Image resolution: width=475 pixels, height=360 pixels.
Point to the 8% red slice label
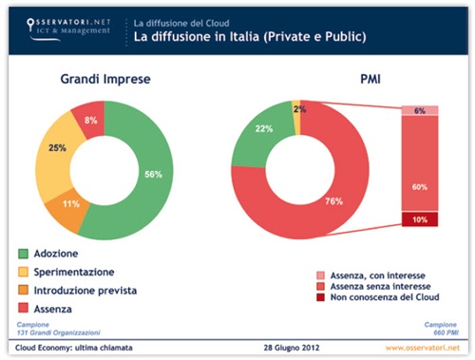tap(89, 121)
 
